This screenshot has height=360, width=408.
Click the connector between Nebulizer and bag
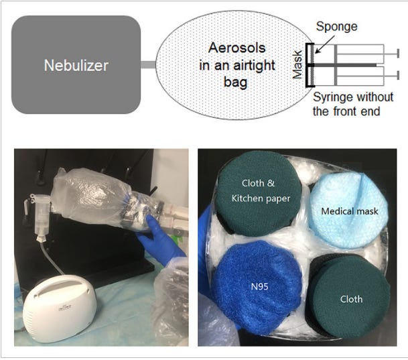click(x=148, y=65)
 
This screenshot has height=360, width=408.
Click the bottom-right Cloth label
click(x=348, y=299)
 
